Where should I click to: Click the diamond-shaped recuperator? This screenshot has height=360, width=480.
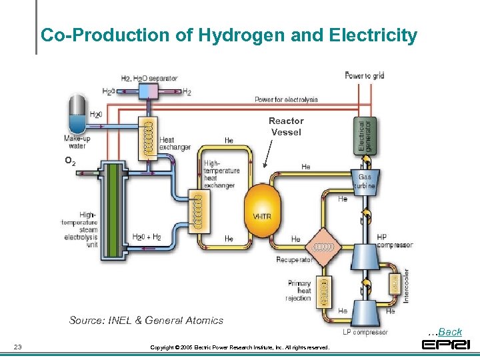pos(324,247)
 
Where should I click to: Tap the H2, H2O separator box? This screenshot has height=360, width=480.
pos(147,91)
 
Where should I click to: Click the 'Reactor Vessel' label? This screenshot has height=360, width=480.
pos(286,126)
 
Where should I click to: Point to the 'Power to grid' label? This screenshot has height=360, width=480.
pos(364,76)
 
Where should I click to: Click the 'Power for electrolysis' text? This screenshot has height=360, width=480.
pos(286,100)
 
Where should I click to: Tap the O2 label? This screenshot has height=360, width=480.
pos(69,161)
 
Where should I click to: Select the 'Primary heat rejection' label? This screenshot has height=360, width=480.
pos(299,291)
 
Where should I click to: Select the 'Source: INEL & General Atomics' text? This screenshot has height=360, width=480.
pos(146,320)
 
